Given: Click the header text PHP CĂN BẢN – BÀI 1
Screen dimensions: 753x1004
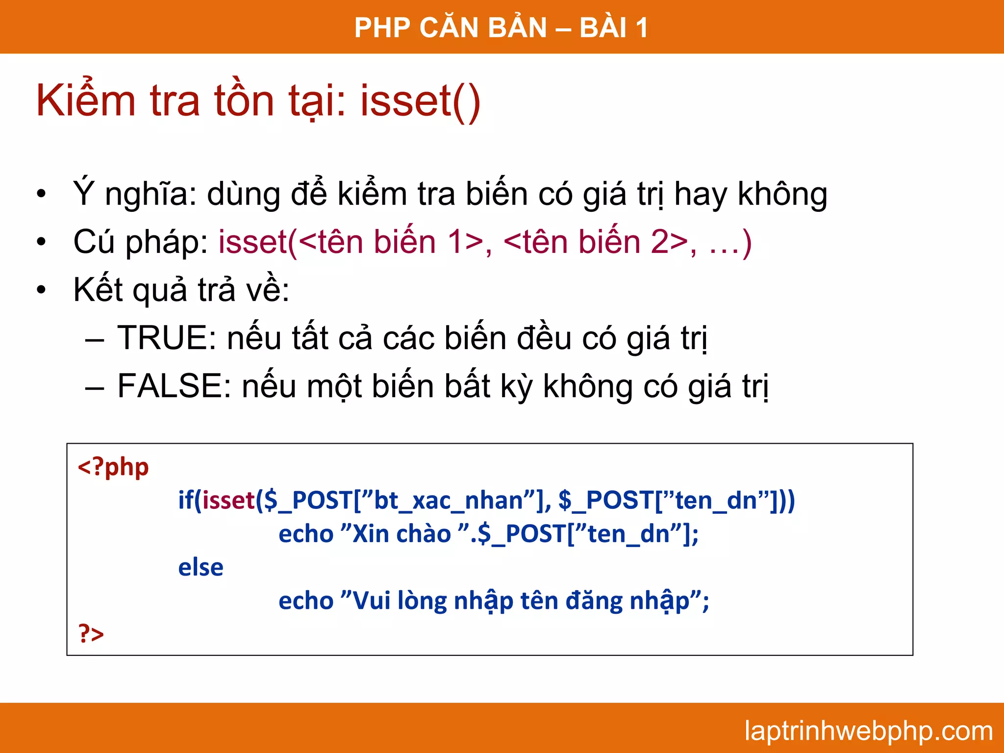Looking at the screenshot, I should [x=501, y=27].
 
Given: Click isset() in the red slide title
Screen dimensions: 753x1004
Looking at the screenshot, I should [x=420, y=101].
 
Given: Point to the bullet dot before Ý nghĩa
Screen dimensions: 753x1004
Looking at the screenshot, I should [x=41, y=194].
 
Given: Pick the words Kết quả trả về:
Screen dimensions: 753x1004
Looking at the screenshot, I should [x=181, y=289].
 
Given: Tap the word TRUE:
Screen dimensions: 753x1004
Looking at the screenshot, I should [x=167, y=338].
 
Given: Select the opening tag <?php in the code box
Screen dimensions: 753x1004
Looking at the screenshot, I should [x=113, y=467].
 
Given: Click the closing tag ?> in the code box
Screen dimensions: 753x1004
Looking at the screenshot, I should [x=91, y=633].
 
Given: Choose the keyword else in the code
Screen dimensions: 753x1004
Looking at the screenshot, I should [x=201, y=567].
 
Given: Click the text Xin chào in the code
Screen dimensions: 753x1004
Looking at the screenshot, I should [x=402, y=534].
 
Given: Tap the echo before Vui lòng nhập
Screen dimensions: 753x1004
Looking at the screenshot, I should [x=306, y=601].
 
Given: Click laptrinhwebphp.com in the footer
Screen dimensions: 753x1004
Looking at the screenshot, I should [x=868, y=731].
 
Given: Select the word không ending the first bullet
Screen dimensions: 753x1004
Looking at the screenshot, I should [x=782, y=194].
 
